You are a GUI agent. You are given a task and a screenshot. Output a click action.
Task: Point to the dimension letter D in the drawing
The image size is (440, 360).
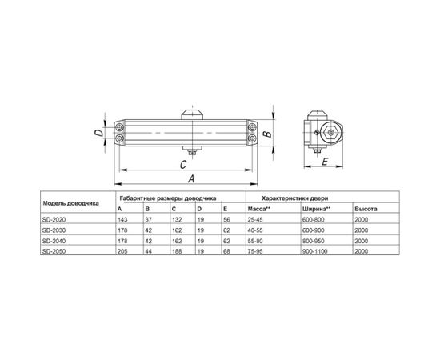[97, 134]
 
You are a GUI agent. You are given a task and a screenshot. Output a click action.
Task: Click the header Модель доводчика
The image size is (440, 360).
[70, 202]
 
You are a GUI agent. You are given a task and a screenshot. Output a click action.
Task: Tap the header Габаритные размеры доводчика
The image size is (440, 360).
[169, 197]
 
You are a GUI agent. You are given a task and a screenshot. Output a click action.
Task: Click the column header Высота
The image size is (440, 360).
[365, 208]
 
